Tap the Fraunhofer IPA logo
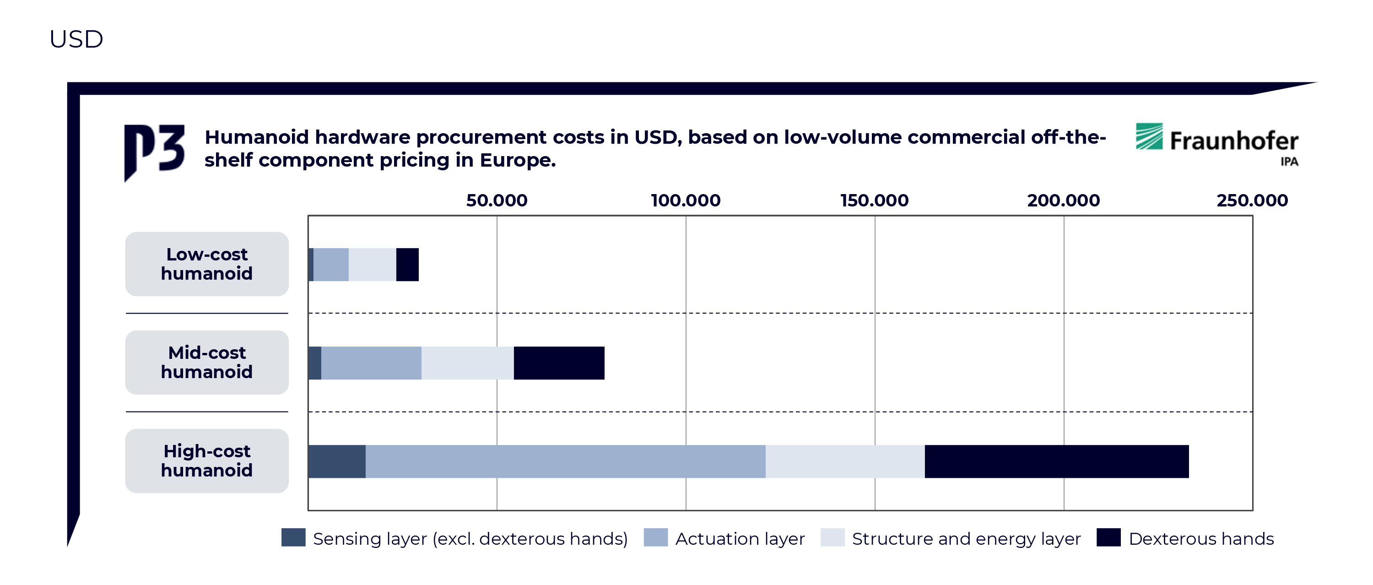[1217, 143]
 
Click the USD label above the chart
[76, 39]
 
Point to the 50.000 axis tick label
[497, 200]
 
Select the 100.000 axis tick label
[686, 200]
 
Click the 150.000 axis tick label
[874, 200]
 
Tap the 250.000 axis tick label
[1252, 200]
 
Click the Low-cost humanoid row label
[207, 264]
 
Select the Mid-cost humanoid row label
[207, 363]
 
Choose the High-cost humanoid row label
[207, 461]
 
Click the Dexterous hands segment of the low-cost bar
[408, 265]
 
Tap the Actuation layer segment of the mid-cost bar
[371, 363]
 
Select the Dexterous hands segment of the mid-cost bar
[559, 363]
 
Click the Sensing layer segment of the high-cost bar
[337, 461]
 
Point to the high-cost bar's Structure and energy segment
[845, 461]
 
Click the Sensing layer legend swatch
[293, 537]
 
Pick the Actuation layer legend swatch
[655, 537]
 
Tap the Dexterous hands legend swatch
[1108, 537]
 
